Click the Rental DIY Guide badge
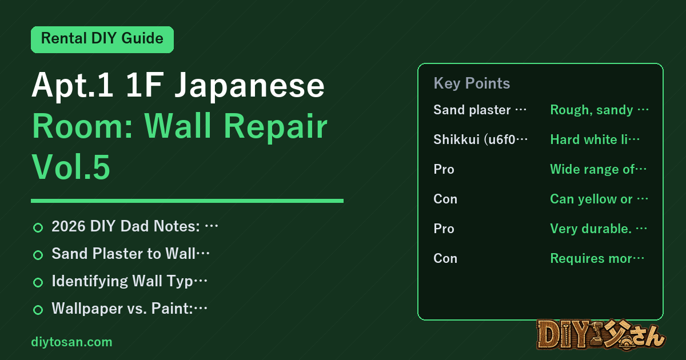click(102, 39)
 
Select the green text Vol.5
click(71, 167)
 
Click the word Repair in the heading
click(276, 127)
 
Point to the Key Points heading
click(472, 83)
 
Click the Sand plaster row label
click(480, 110)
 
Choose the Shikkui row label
click(481, 139)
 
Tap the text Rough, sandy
click(599, 110)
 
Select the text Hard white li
click(595, 139)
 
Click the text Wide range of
click(598, 169)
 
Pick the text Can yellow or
click(599, 199)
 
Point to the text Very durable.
click(599, 229)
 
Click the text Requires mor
click(597, 258)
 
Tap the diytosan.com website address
click(71, 342)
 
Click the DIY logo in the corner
click(601, 335)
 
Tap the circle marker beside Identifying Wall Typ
click(38, 282)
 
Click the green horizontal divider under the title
click(187, 201)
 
